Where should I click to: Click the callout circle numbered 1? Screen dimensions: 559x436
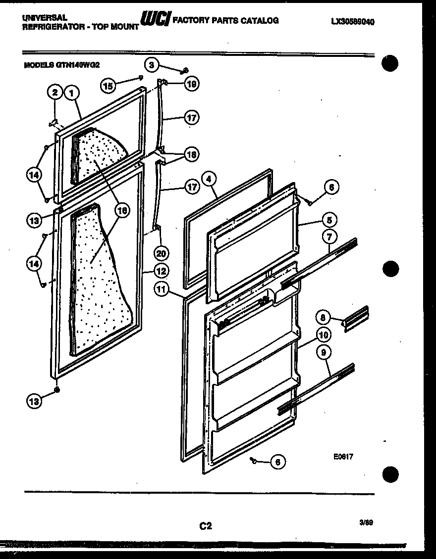72,92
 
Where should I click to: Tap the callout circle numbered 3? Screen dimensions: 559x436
152,64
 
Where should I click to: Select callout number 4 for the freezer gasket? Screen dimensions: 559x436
210,180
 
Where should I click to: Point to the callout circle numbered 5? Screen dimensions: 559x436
329,219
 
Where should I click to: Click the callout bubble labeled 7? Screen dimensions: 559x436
329,237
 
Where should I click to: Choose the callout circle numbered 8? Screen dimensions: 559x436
323,317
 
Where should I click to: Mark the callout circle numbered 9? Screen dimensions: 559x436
323,353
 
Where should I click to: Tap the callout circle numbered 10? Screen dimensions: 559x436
323,335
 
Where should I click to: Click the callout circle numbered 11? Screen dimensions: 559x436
161,289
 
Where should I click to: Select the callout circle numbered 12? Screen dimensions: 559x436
161,271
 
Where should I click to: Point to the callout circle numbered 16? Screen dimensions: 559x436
120,210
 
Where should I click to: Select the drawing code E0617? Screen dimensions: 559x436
343,458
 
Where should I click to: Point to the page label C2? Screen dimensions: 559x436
206,526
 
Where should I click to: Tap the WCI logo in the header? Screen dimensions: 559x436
155,20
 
